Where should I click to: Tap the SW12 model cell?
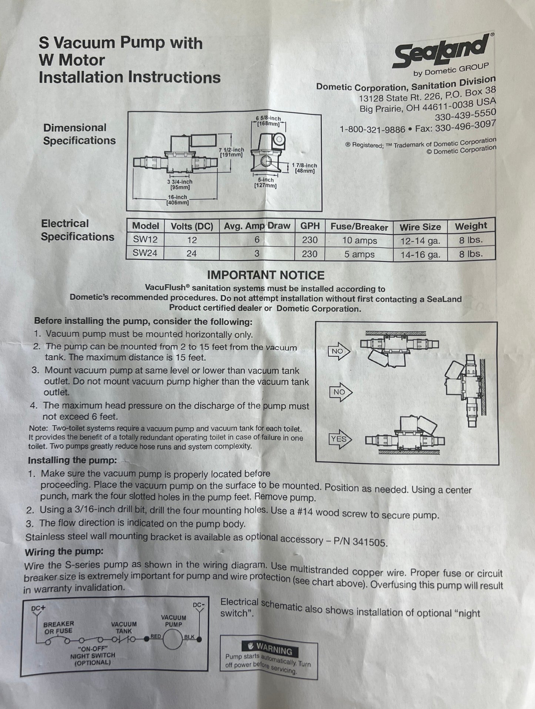[x=145, y=240]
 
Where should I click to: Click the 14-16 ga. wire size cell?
[x=420, y=255]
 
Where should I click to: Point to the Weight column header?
[x=471, y=226]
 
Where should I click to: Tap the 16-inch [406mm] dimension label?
[x=177, y=200]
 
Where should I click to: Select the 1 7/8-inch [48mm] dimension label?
[x=305, y=168]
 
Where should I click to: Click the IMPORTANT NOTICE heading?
[x=265, y=275]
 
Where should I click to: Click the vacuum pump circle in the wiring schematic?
[x=173, y=639]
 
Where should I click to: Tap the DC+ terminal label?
[x=38, y=608]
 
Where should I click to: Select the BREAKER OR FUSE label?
[x=58, y=627]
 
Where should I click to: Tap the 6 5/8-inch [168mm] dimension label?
[x=268, y=121]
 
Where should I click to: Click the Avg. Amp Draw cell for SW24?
[x=257, y=254]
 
